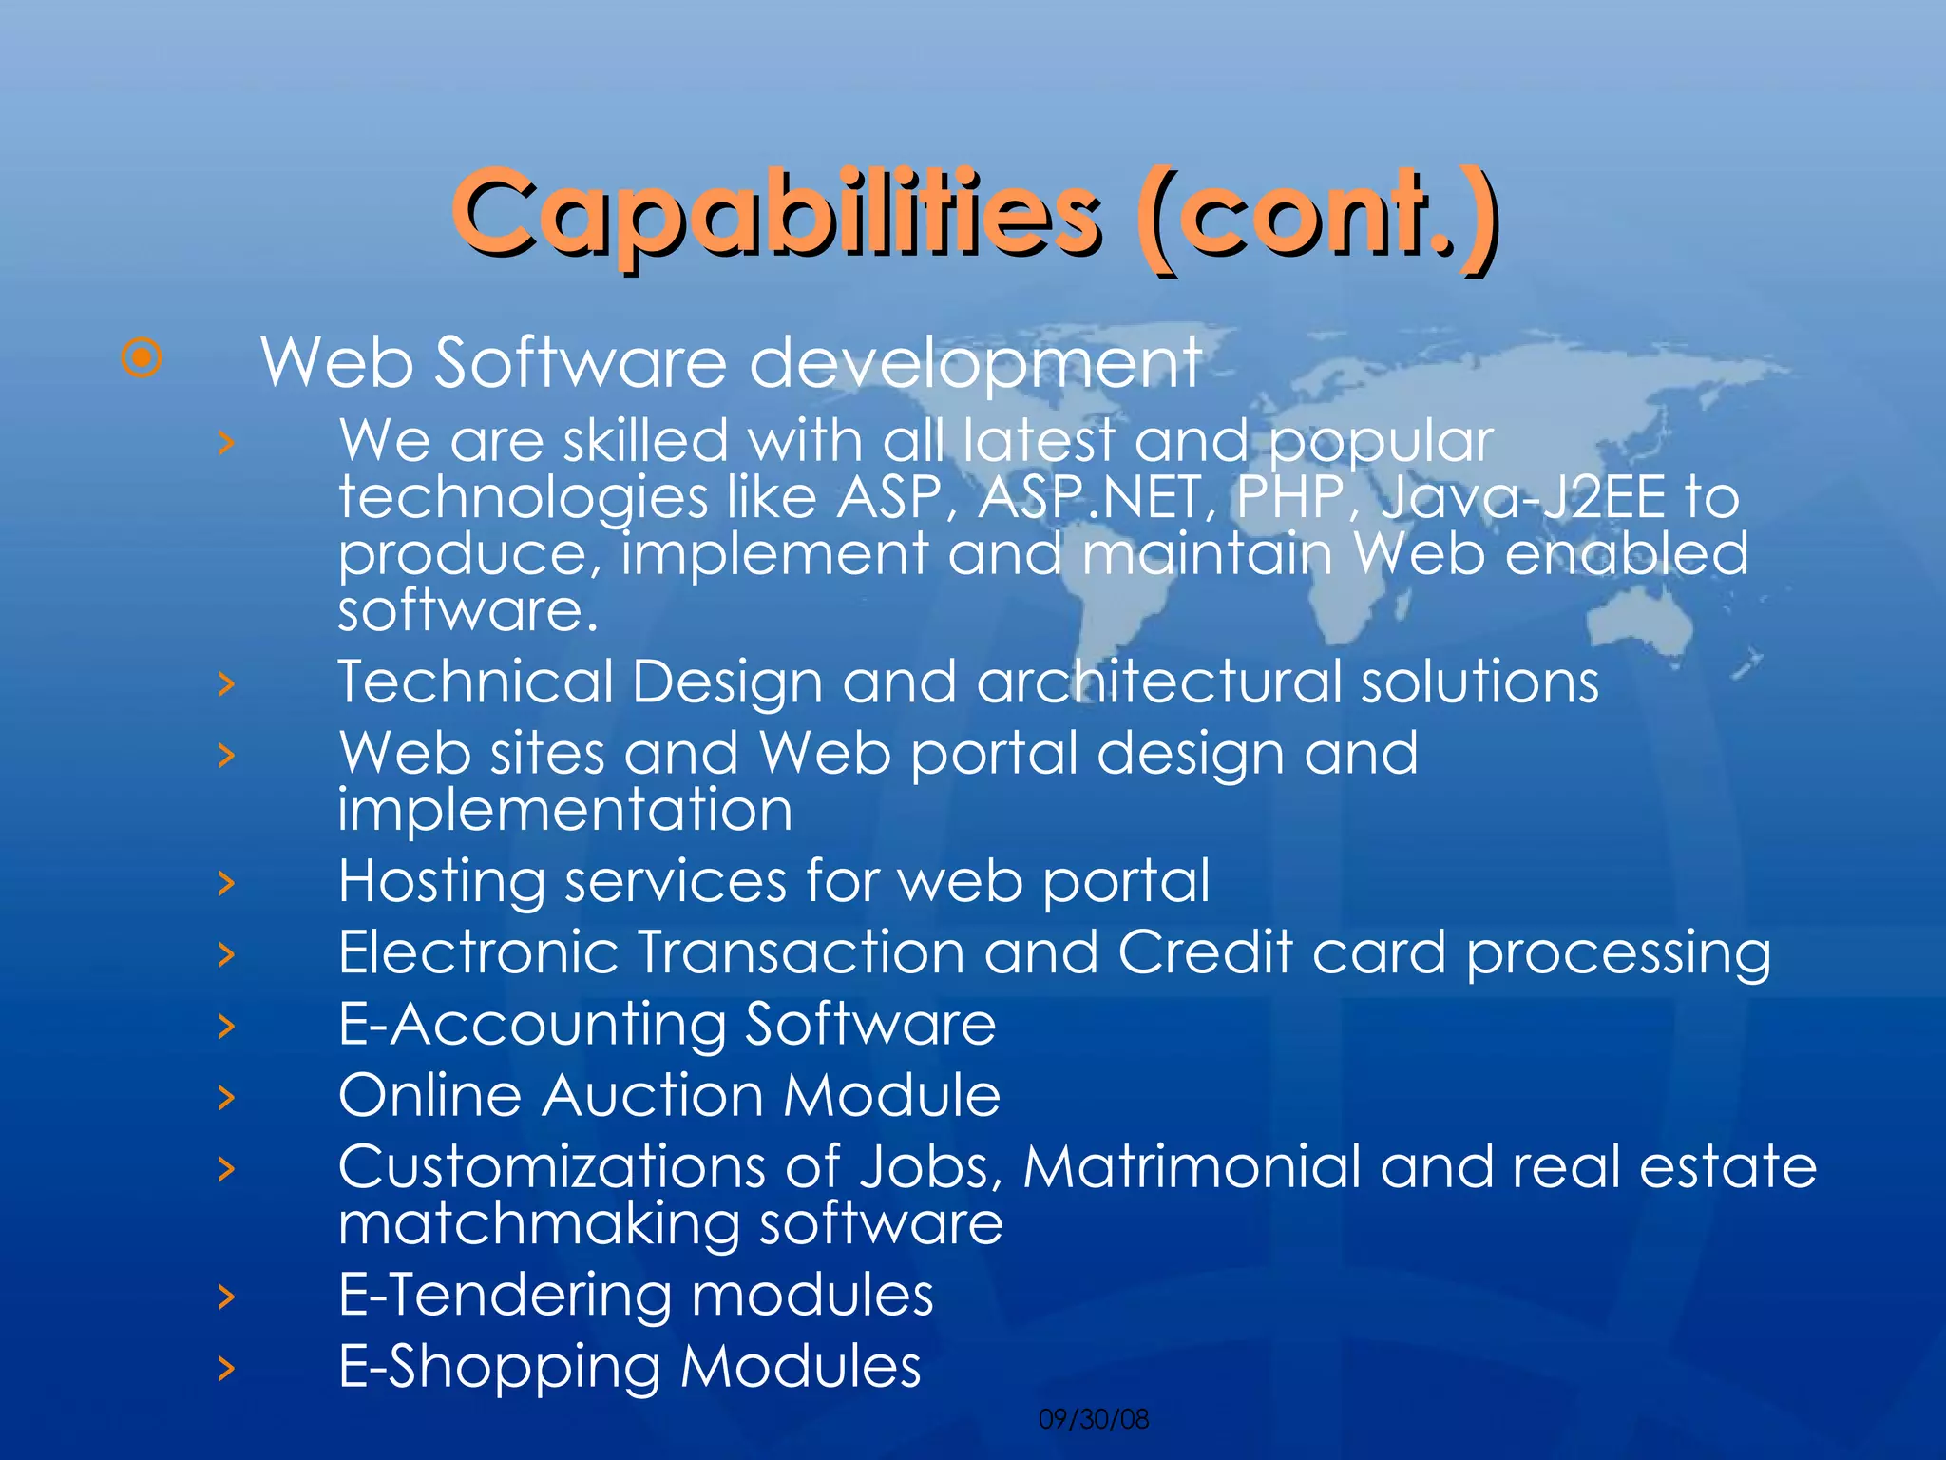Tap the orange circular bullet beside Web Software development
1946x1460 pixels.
click(x=142, y=358)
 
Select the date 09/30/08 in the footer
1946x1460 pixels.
click(x=1094, y=1419)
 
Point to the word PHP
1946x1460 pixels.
click(x=1292, y=497)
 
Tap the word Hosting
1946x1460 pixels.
click(x=442, y=882)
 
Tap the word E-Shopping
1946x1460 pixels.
click(x=500, y=1367)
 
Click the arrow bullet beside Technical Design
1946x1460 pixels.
click(x=226, y=682)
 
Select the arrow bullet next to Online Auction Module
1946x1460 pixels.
click(x=226, y=1097)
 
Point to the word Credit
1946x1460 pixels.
click(x=1205, y=952)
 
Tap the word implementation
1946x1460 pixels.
click(x=565, y=810)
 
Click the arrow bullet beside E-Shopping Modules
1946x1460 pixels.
click(x=226, y=1368)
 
